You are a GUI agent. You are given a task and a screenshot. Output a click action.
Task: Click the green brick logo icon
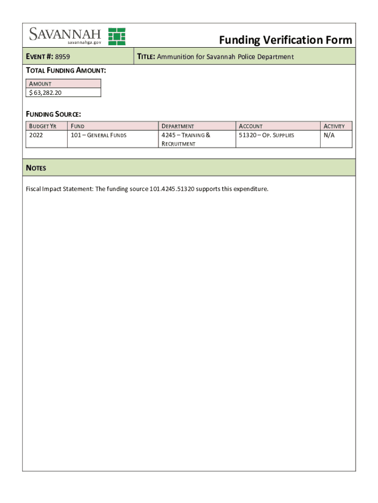click(x=117, y=36)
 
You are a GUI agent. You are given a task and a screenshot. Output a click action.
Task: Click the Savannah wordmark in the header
click(x=65, y=34)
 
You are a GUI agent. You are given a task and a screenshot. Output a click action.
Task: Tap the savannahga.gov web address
click(x=81, y=43)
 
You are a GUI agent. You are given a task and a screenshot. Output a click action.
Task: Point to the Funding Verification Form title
click(x=285, y=40)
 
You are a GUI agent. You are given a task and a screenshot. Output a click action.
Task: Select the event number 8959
click(x=62, y=56)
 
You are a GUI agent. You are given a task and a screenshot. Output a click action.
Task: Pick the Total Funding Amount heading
click(x=66, y=70)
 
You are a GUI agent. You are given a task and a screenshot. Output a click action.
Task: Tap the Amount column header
click(x=40, y=84)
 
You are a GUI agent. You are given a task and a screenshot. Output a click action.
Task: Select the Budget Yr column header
click(x=43, y=126)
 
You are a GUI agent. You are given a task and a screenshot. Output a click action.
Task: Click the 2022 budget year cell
click(x=36, y=135)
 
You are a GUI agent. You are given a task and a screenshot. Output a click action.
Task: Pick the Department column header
click(x=178, y=126)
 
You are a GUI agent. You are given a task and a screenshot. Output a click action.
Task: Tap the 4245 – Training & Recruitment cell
click(x=186, y=139)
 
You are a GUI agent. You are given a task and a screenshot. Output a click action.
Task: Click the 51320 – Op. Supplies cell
click(x=267, y=135)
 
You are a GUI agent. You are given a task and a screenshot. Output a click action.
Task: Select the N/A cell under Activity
click(x=328, y=135)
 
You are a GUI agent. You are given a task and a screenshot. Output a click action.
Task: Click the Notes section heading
click(x=36, y=168)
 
